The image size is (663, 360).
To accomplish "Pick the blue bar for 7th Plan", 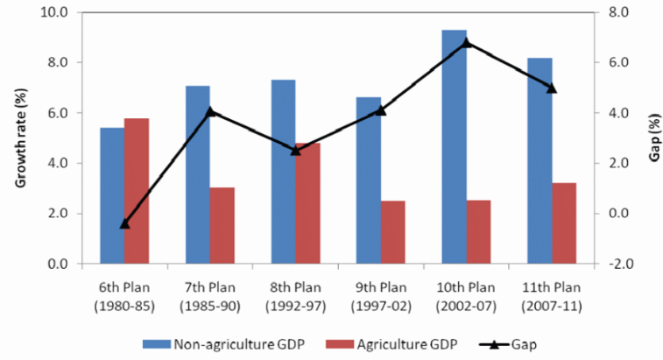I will [197, 174].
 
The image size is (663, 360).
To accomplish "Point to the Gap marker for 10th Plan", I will [466, 42].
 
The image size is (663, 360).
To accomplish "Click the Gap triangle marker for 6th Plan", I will [124, 223].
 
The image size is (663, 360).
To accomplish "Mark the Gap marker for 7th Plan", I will [209, 111].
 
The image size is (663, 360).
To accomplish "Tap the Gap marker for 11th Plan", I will [552, 88].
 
